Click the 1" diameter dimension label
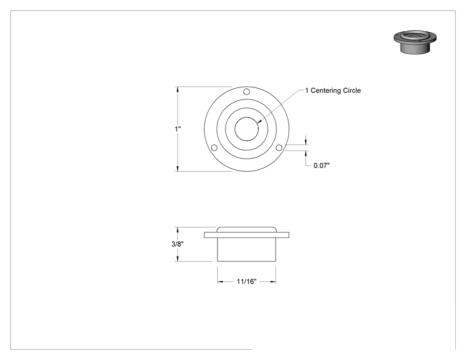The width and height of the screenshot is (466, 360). click(178, 129)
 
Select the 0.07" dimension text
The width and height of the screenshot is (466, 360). click(322, 166)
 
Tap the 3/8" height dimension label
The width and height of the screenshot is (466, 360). click(178, 244)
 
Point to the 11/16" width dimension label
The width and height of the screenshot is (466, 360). click(246, 281)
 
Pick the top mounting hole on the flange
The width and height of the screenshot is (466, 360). click(247, 91)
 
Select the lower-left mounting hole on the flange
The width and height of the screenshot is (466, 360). click(214, 148)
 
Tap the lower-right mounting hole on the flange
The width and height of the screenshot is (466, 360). click(279, 148)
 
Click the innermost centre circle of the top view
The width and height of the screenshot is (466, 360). click(247, 117)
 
